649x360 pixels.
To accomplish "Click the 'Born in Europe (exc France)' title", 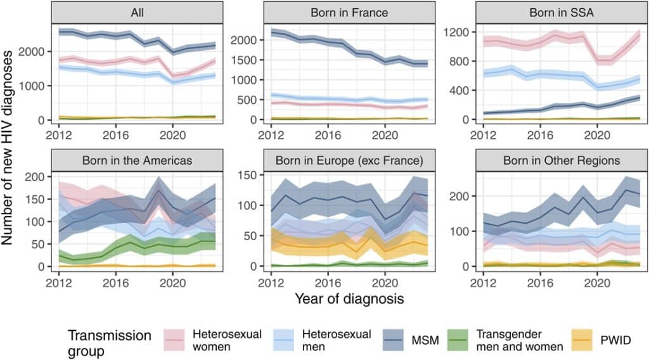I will [x=342, y=160].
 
